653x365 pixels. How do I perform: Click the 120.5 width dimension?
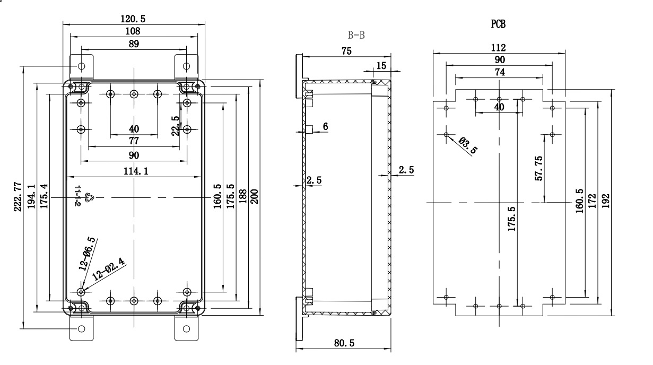(x=133, y=19)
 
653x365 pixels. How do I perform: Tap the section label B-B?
(x=356, y=36)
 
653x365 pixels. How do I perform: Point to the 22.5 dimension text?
(x=176, y=126)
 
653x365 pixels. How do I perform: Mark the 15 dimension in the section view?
(x=381, y=65)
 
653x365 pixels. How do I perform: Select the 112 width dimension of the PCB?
(x=499, y=47)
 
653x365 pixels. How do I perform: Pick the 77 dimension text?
(x=134, y=141)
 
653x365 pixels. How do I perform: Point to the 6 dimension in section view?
(x=325, y=126)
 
